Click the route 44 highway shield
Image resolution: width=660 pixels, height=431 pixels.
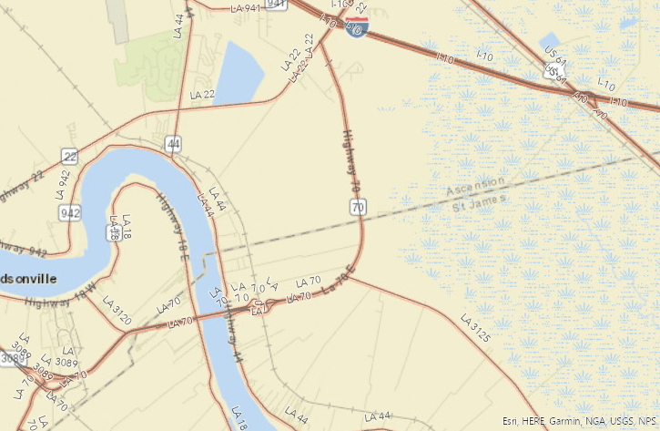pyautogui.click(x=173, y=143)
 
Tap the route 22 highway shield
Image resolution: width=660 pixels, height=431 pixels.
pyautogui.click(x=70, y=157)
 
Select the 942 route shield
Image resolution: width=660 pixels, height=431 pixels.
pyautogui.click(x=72, y=213)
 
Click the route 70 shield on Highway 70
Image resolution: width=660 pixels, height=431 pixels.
pyautogui.click(x=357, y=208)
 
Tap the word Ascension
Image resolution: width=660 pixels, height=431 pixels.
pyautogui.click(x=475, y=186)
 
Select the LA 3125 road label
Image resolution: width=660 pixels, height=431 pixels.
pyautogui.click(x=475, y=328)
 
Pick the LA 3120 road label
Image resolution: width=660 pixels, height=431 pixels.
pyautogui.click(x=117, y=310)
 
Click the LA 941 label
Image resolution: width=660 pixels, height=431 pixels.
pyautogui.click(x=246, y=7)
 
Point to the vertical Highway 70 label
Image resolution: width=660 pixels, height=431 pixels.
pyautogui.click(x=351, y=160)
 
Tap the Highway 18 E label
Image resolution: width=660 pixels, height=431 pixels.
pyautogui.click(x=170, y=220)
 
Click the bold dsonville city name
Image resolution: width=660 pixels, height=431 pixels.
pyautogui.click(x=28, y=278)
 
